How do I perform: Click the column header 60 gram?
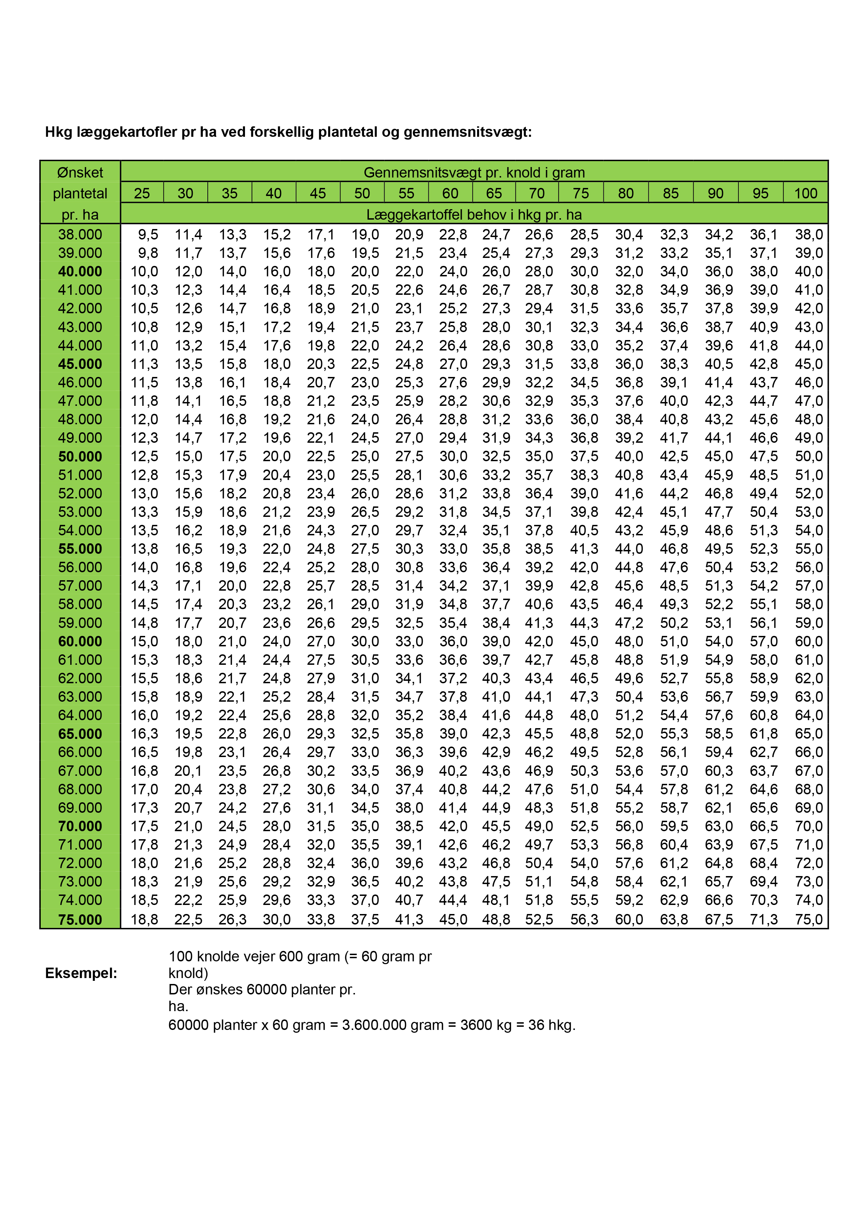tap(450, 193)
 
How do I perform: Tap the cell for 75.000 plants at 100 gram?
tap(808, 920)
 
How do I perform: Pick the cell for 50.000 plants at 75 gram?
tap(584, 456)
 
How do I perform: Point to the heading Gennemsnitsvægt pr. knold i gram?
tap(474, 172)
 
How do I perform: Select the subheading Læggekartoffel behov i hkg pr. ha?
tap(474, 215)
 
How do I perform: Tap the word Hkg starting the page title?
tap(58, 132)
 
